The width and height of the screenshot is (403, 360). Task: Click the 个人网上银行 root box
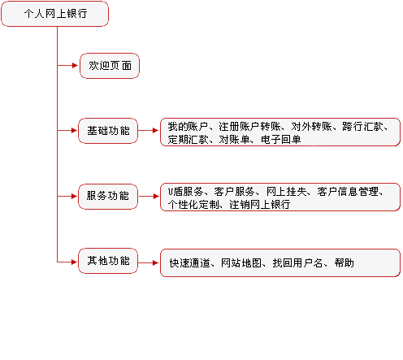(x=54, y=14)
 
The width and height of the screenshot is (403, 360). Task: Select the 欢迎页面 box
(x=110, y=66)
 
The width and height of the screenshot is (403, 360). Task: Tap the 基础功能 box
(x=108, y=131)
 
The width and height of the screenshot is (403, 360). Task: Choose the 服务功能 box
(x=108, y=197)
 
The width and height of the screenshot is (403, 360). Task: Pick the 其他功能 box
(x=108, y=261)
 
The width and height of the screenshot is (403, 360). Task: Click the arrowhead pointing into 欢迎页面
(x=75, y=65)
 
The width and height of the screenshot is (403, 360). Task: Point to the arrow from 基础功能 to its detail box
(x=149, y=131)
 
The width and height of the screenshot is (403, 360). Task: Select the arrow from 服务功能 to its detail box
(x=149, y=196)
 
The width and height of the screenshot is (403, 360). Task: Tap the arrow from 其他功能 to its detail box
(x=149, y=262)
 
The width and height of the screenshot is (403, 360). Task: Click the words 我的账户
(x=188, y=127)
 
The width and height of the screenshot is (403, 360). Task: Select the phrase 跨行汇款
(x=362, y=127)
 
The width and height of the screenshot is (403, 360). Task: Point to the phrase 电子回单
(x=281, y=140)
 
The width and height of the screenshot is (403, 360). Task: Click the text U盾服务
(x=185, y=192)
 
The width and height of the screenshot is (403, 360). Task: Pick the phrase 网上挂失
(x=287, y=192)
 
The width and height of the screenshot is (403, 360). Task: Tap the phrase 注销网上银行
(x=260, y=205)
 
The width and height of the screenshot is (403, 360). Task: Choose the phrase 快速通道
(x=190, y=262)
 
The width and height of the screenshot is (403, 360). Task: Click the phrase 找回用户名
(x=297, y=262)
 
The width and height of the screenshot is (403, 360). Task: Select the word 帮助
(x=344, y=262)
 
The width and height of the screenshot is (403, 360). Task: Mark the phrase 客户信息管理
(x=348, y=192)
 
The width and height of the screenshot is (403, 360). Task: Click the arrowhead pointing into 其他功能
(x=74, y=262)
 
